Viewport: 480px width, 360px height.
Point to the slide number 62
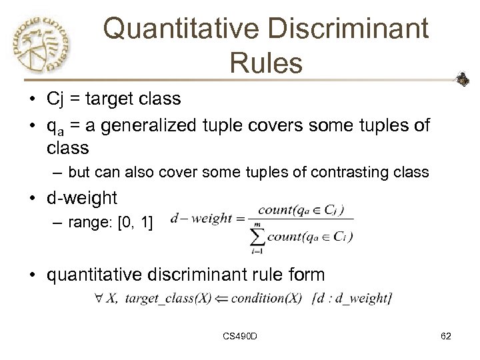pos(445,337)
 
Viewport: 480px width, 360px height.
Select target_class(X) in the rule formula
pos(167,298)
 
